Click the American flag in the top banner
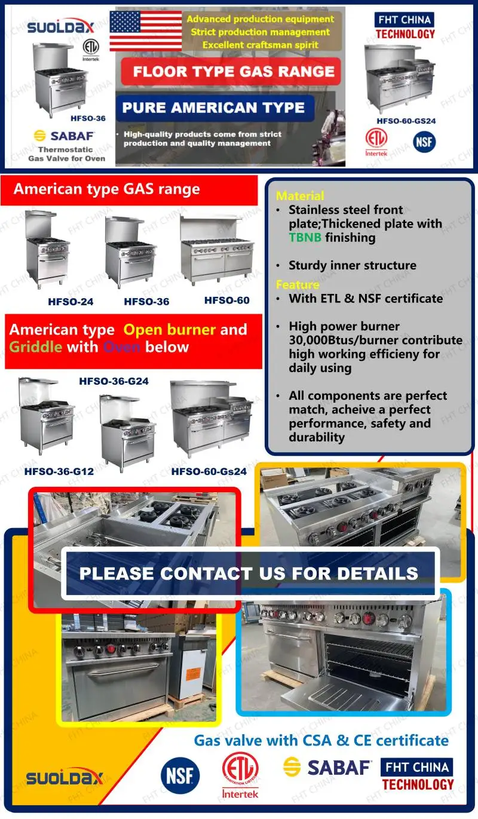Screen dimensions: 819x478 click(x=146, y=30)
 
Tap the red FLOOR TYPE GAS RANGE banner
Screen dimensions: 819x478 click(x=234, y=72)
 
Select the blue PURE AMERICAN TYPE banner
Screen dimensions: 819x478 click(x=213, y=108)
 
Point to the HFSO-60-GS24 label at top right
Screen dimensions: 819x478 click(x=406, y=121)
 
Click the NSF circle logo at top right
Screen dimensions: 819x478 click(x=424, y=142)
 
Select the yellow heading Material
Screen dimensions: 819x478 click(x=300, y=196)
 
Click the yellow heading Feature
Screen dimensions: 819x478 click(x=298, y=284)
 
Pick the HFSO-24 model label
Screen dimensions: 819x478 click(x=71, y=302)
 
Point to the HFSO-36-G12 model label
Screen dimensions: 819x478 click(x=59, y=471)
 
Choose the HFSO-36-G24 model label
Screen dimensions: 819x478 click(x=114, y=381)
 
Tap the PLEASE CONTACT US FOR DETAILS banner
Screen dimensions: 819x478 click(x=249, y=573)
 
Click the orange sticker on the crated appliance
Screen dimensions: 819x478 click(x=192, y=674)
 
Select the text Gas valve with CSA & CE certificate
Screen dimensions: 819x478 click(x=321, y=740)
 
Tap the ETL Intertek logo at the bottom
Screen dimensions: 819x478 click(x=240, y=775)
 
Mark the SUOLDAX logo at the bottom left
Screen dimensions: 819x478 click(x=65, y=778)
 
